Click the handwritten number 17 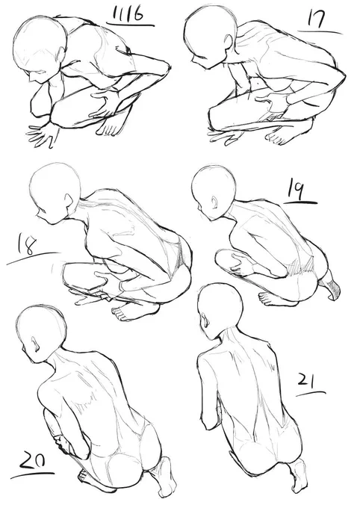(315, 19)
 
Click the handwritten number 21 (307, 381)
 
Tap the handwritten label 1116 (129, 15)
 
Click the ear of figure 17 (228, 41)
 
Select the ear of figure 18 (69, 201)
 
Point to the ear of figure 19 (216, 203)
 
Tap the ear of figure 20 (35, 344)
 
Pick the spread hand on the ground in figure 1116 (43, 134)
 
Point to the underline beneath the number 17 (320, 32)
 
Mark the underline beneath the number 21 (311, 394)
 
